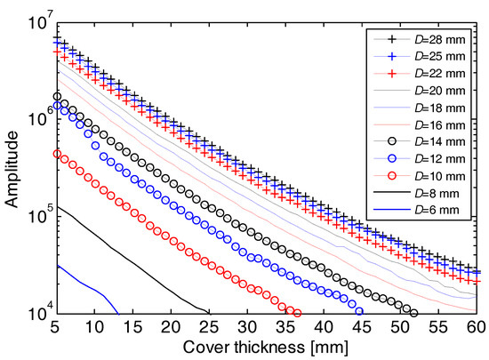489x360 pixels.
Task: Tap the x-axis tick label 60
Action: click(480, 327)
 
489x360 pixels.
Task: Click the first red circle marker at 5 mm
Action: click(58, 153)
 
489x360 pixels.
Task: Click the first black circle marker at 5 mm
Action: click(58, 96)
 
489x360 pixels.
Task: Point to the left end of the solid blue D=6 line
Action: click(58, 265)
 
